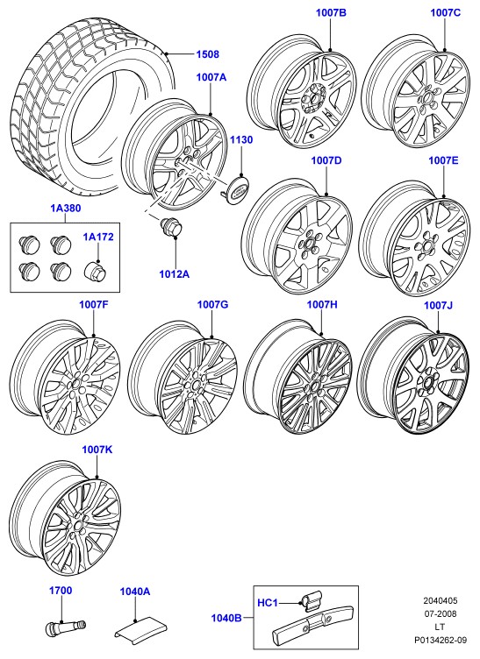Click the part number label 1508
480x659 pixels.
(207, 54)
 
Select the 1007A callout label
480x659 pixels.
(211, 77)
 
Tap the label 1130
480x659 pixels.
(241, 140)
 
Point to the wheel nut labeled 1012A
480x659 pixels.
(170, 227)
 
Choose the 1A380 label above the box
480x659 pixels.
(66, 208)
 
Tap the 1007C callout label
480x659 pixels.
(445, 13)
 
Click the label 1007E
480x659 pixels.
(443, 160)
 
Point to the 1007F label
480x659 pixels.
(94, 305)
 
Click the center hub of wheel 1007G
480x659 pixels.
(194, 384)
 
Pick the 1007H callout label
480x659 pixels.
(322, 305)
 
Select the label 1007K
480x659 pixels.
(97, 450)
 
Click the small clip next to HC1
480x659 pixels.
(311, 599)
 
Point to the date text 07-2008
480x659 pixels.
(440, 613)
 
